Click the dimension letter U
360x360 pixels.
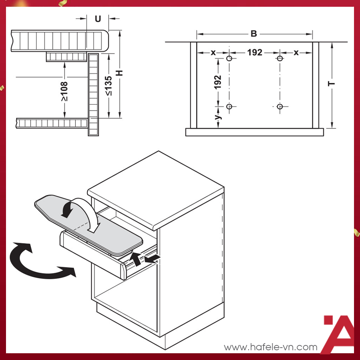tap(97, 19)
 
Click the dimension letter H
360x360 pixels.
tap(120, 72)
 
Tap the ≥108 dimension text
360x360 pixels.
tap(64, 91)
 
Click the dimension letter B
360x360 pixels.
tap(254, 34)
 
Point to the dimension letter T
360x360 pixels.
tap(331, 83)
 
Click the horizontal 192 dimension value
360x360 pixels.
tap(255, 52)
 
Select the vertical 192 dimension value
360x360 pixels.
tap(218, 82)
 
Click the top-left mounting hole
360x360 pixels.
tap(229, 59)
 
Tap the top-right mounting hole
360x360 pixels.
tap(280, 58)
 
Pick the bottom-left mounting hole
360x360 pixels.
tap(229, 106)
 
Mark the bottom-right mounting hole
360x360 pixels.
tap(280, 106)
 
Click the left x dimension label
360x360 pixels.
tap(213, 52)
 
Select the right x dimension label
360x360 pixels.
tap(296, 52)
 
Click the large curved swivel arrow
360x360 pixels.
tap(37, 261)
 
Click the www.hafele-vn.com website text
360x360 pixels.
tap(270, 347)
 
